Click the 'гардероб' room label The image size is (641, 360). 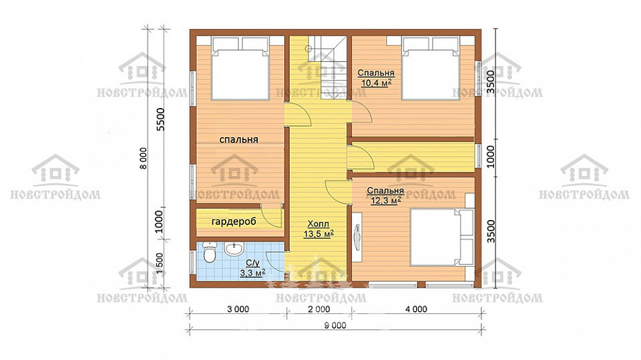tap(234, 221)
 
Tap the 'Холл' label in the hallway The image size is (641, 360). tap(318, 224)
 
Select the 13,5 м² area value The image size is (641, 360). tap(318, 234)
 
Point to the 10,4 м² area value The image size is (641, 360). tap(376, 83)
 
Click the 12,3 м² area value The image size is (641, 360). tap(385, 201)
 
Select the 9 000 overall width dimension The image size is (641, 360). tap(335, 325)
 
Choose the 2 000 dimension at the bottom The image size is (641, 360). tap(318, 309)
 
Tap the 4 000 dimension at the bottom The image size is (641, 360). tap(416, 309)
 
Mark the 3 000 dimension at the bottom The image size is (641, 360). tap(238, 309)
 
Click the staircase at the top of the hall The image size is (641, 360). tap(327, 68)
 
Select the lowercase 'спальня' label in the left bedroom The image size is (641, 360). tap(239, 140)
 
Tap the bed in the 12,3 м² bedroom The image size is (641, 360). tap(442, 237)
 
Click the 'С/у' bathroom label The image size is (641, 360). tap(253, 263)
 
